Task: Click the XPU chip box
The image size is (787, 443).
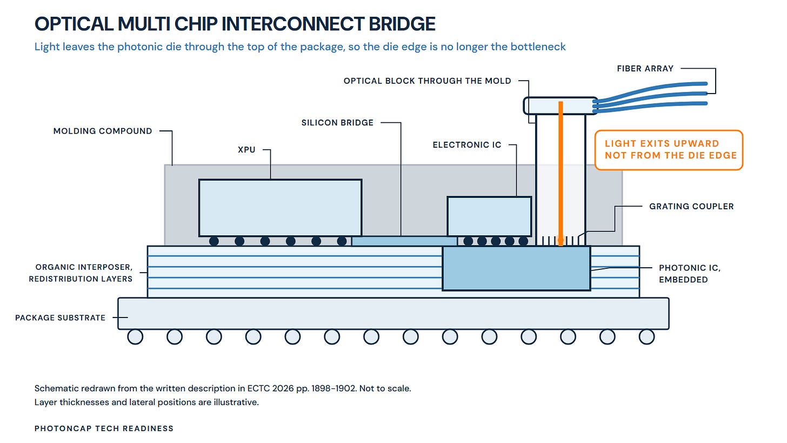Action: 280,208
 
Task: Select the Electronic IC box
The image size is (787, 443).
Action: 489,216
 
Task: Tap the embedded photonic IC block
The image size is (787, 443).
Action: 516,268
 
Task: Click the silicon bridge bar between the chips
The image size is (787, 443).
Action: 404,241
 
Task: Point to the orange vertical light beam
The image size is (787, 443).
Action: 561,173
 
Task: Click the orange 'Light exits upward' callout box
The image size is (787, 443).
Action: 669,150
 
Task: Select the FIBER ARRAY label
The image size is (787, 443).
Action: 645,69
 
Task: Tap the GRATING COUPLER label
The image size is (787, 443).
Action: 691,207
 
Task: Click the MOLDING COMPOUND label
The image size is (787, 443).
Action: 103,131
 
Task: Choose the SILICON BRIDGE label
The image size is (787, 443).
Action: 337,123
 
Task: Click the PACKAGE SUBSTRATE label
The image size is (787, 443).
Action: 60,318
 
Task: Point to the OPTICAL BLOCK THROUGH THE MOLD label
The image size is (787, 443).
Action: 427,81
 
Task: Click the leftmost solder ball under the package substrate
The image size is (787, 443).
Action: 135,337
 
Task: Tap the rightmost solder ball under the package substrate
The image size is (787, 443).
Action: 646,337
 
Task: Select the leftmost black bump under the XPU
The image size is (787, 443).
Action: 214,241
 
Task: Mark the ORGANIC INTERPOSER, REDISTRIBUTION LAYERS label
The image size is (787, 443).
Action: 81,273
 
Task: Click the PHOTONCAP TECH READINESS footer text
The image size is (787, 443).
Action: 104,428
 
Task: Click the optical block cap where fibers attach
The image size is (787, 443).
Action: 561,106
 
